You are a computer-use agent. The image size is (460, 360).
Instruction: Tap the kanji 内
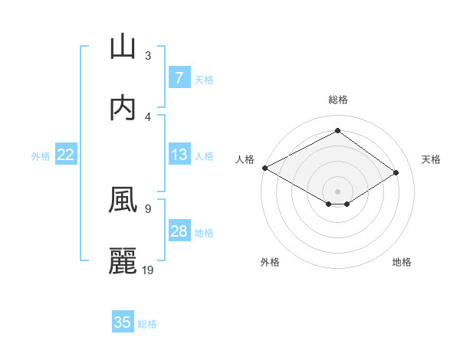point(123,108)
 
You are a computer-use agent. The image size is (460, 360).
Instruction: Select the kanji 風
point(123,200)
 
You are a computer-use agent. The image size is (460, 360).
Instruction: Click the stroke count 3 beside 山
point(148,55)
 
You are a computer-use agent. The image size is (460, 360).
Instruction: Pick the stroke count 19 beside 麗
point(149,270)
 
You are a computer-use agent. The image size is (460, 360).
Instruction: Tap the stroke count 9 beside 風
point(148,208)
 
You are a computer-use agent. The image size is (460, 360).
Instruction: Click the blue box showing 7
point(179,77)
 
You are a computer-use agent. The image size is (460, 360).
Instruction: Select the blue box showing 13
point(179,155)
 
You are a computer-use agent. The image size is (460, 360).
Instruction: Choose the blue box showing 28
point(179,231)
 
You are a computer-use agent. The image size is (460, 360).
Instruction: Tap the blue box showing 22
point(65,155)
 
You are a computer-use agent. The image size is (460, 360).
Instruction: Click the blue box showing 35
point(123,322)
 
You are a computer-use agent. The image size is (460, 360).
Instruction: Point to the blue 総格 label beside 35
point(147,324)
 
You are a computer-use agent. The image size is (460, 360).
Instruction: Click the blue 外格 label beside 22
point(41,155)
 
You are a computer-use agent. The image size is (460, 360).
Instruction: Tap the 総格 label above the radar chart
point(338,100)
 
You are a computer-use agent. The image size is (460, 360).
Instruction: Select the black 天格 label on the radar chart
point(431,159)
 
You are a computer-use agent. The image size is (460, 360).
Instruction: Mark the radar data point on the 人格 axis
point(264,167)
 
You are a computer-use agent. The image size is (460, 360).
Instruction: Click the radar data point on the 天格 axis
point(396,172)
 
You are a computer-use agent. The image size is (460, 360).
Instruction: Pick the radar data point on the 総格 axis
point(337,131)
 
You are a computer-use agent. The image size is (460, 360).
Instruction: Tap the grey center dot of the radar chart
point(337,191)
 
